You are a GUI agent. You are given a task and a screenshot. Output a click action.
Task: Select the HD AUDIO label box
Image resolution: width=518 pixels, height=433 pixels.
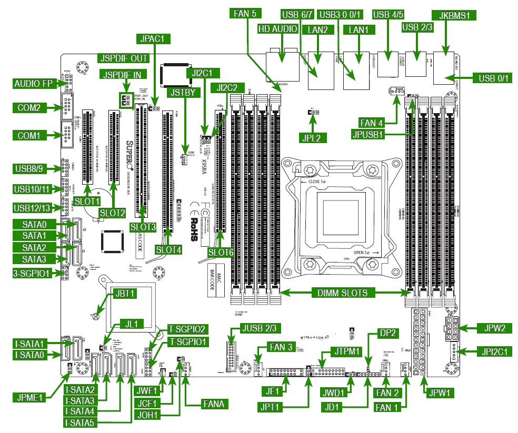point(277,29)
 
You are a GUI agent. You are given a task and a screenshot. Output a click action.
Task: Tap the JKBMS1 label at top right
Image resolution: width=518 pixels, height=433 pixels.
point(453,15)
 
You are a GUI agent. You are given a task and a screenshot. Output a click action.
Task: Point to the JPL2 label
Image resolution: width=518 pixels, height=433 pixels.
point(314,138)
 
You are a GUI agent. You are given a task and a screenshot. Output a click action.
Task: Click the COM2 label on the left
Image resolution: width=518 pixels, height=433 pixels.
point(28,108)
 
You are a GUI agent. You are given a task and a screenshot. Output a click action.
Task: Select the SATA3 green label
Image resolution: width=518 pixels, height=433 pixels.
point(34,259)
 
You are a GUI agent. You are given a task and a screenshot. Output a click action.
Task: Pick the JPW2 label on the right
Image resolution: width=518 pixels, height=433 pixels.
point(494,328)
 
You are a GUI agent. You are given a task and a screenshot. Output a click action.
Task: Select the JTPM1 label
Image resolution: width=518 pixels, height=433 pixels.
point(346,351)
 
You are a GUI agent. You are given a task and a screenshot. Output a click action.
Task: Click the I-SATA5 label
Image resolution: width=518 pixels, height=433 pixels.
point(81,422)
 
